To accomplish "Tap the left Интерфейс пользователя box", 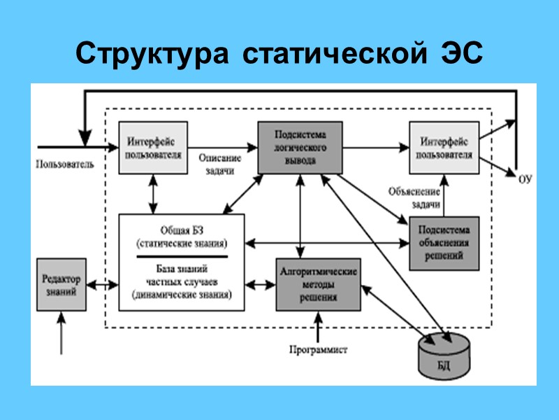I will (x=155, y=148).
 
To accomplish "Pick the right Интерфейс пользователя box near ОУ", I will (x=443, y=148).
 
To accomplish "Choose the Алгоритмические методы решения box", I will (x=319, y=285).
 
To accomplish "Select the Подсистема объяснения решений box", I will (x=444, y=242).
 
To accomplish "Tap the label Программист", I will (x=318, y=349).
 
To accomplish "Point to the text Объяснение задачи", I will (x=414, y=198).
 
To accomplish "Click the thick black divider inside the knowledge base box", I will (x=182, y=256).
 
